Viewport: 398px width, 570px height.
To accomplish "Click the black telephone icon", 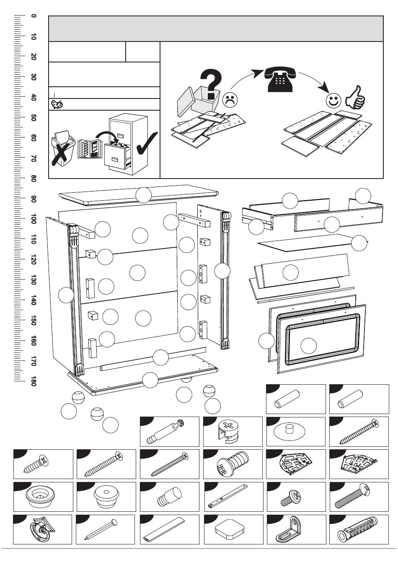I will [280, 80].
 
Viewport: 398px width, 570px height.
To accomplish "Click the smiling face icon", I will [333, 101].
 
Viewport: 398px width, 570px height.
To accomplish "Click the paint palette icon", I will [57, 104].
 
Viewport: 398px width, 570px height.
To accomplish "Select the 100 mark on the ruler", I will [33, 219].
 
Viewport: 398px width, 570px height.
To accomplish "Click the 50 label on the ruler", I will [33, 118].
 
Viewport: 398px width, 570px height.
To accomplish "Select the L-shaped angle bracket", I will [290, 530].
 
